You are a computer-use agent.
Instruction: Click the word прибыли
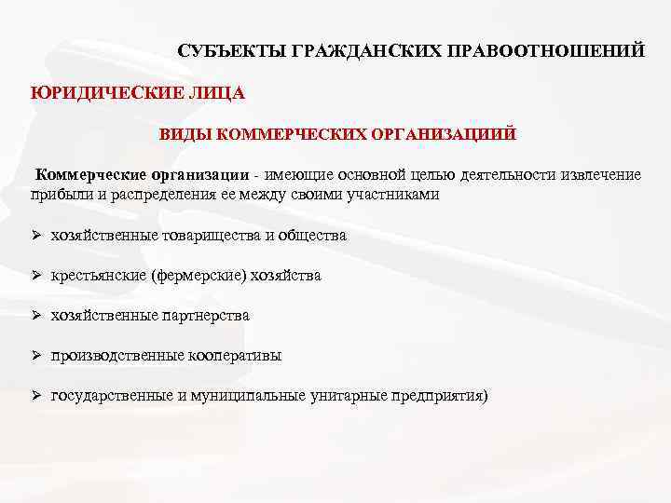point(60,195)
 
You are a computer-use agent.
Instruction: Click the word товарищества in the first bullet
point(200,236)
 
